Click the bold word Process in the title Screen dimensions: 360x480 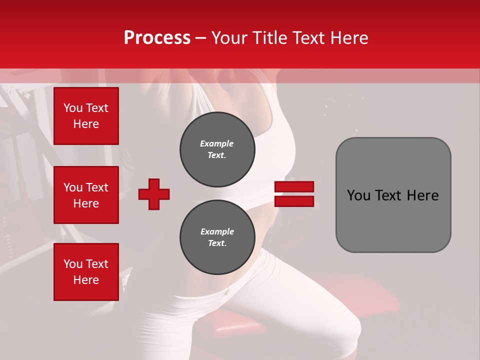(157, 38)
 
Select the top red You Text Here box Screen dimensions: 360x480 (86, 116)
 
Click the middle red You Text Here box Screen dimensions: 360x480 (86, 195)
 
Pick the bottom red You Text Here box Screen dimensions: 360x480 (86, 272)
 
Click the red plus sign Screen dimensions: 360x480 (154, 194)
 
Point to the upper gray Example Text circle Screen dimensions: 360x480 (217, 149)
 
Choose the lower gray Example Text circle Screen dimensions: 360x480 (217, 237)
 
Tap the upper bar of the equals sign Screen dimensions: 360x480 (294, 187)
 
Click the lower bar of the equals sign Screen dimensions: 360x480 (294, 201)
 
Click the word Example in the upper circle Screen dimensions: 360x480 (217, 143)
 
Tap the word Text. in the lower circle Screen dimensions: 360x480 (217, 243)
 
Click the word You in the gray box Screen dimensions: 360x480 (358, 195)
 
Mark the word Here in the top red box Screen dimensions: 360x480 (86, 124)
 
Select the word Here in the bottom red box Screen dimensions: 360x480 (86, 280)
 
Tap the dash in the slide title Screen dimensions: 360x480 (201, 38)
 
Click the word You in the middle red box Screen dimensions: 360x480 (73, 187)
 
